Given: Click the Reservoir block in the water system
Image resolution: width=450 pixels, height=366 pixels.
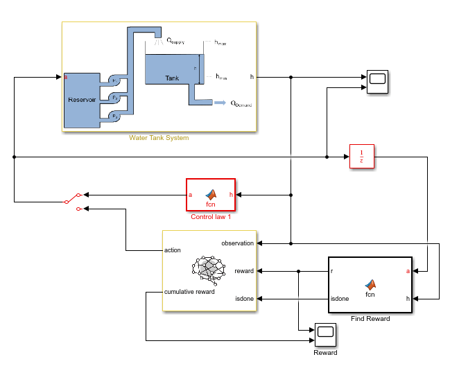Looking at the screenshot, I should point(81,100).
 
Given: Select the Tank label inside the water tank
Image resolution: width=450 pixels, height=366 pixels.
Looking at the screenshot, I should point(172,78).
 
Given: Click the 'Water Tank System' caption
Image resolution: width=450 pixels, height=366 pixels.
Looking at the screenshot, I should point(159,137).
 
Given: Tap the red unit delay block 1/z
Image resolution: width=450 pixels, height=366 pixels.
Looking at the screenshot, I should point(361,157).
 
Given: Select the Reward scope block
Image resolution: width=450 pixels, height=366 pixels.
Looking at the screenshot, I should point(325,335).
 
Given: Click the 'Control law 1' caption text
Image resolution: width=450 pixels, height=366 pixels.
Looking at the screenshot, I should point(210,217).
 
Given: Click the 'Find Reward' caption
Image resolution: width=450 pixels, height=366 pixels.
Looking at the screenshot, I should point(370,319).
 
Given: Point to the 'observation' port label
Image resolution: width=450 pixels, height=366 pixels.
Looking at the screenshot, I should point(238,243).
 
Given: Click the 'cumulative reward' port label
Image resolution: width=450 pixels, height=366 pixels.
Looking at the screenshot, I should point(189,292).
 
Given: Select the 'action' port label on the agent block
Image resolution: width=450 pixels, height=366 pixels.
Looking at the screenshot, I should point(173,250).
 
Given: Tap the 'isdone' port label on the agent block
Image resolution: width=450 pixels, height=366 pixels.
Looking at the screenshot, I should point(244,299).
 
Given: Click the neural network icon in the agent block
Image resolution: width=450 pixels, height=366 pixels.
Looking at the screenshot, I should point(211,270).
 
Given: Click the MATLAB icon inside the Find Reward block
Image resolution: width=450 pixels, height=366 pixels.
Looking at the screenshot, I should point(370,284).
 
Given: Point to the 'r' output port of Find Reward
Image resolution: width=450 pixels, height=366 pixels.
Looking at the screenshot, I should point(333,270).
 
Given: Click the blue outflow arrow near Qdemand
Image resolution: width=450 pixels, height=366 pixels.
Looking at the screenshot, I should point(219,103).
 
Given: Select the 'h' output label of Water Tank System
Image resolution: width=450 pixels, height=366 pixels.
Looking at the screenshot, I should point(251,77).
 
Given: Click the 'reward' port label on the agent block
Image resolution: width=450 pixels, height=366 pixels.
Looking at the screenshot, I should point(243,271).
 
